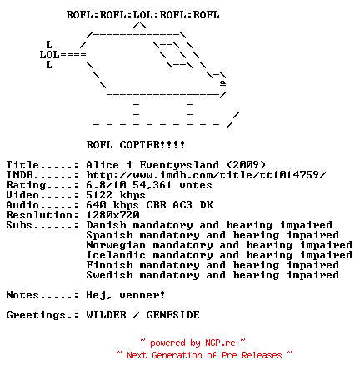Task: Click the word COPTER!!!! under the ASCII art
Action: click(x=152, y=145)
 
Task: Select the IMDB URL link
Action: click(x=206, y=175)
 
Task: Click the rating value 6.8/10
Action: click(x=106, y=185)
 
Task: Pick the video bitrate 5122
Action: click(x=99, y=195)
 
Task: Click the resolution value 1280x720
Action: click(x=112, y=215)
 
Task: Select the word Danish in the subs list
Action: click(x=106, y=225)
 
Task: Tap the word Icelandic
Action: click(x=116, y=255)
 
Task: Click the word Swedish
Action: click(x=109, y=275)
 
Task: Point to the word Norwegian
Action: click(x=116, y=245)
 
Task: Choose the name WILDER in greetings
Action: click(x=106, y=315)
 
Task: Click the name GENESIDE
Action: click(x=172, y=315)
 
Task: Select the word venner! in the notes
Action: click(x=142, y=295)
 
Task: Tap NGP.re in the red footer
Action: click(x=220, y=342)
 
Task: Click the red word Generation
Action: click(x=177, y=355)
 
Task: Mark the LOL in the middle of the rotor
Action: click(x=143, y=15)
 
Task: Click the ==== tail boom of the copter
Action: click(x=73, y=54)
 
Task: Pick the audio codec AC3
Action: click(x=182, y=205)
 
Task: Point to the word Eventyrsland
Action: click(x=179, y=165)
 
